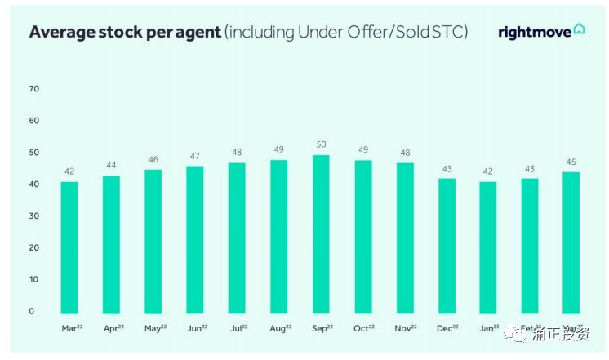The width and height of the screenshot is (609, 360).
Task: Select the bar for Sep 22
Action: (321, 234)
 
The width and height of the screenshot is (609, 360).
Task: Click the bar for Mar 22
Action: (69, 247)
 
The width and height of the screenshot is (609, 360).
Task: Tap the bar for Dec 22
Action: (447, 246)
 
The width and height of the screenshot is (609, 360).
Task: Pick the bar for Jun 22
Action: (195, 240)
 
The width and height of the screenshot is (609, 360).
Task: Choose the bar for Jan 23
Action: (488, 247)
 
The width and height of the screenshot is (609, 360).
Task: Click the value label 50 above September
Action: (321, 144)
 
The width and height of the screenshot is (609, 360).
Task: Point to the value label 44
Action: (111, 165)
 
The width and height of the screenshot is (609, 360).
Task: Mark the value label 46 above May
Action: (153, 159)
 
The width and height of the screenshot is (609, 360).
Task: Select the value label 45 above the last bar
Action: (571, 162)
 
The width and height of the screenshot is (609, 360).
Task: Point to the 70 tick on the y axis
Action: (33, 89)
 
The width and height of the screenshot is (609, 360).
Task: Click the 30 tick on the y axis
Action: (33, 216)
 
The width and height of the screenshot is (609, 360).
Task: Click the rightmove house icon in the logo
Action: (579, 30)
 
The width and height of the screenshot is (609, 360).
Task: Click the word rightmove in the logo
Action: (535, 32)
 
